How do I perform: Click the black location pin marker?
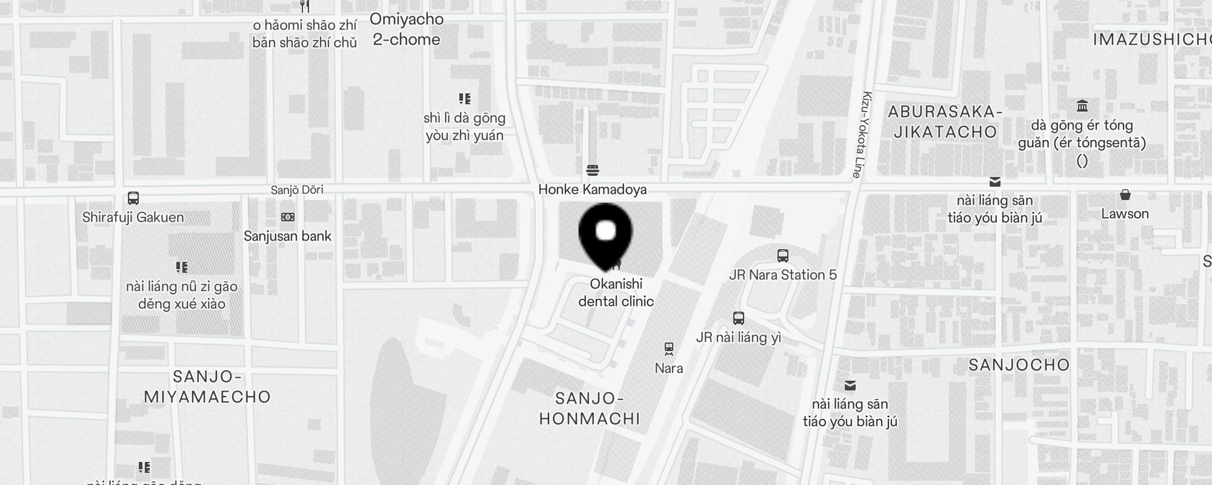[x=605, y=234]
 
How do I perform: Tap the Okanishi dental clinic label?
[x=616, y=292]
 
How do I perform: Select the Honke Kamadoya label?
[x=592, y=189]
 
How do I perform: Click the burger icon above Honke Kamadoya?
[x=593, y=170]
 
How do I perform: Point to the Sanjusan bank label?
[x=287, y=236]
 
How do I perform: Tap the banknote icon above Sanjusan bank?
[x=287, y=217]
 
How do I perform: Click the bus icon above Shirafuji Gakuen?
[x=133, y=198]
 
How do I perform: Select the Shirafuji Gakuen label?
[x=133, y=217]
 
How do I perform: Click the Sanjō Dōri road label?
[x=297, y=190]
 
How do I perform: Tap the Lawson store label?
[x=1125, y=213]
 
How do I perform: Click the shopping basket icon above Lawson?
[x=1125, y=195]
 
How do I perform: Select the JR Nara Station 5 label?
[x=782, y=275]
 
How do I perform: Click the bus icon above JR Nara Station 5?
[x=782, y=256]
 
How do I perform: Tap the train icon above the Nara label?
[x=668, y=349]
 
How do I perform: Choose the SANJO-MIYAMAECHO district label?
[x=207, y=387]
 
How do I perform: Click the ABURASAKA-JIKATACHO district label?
[x=945, y=122]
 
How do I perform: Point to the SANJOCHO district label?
[x=1019, y=365]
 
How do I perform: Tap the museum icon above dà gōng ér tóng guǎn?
[x=1082, y=106]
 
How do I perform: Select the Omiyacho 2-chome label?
[x=407, y=29]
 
